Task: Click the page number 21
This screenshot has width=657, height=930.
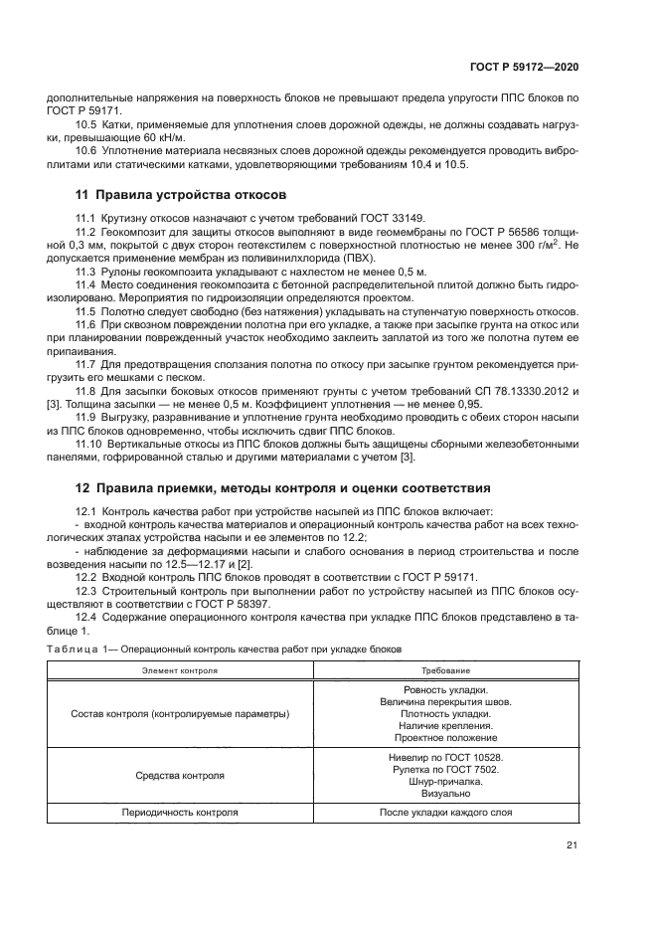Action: [x=572, y=846]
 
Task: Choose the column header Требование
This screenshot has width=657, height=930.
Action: [x=445, y=671]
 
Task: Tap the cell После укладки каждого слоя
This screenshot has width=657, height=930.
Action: [x=445, y=812]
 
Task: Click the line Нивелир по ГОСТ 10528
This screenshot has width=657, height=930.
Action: [x=445, y=757]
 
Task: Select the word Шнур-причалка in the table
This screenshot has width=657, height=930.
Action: [x=445, y=781]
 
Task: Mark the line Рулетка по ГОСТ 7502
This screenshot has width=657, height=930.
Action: [x=445, y=769]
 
